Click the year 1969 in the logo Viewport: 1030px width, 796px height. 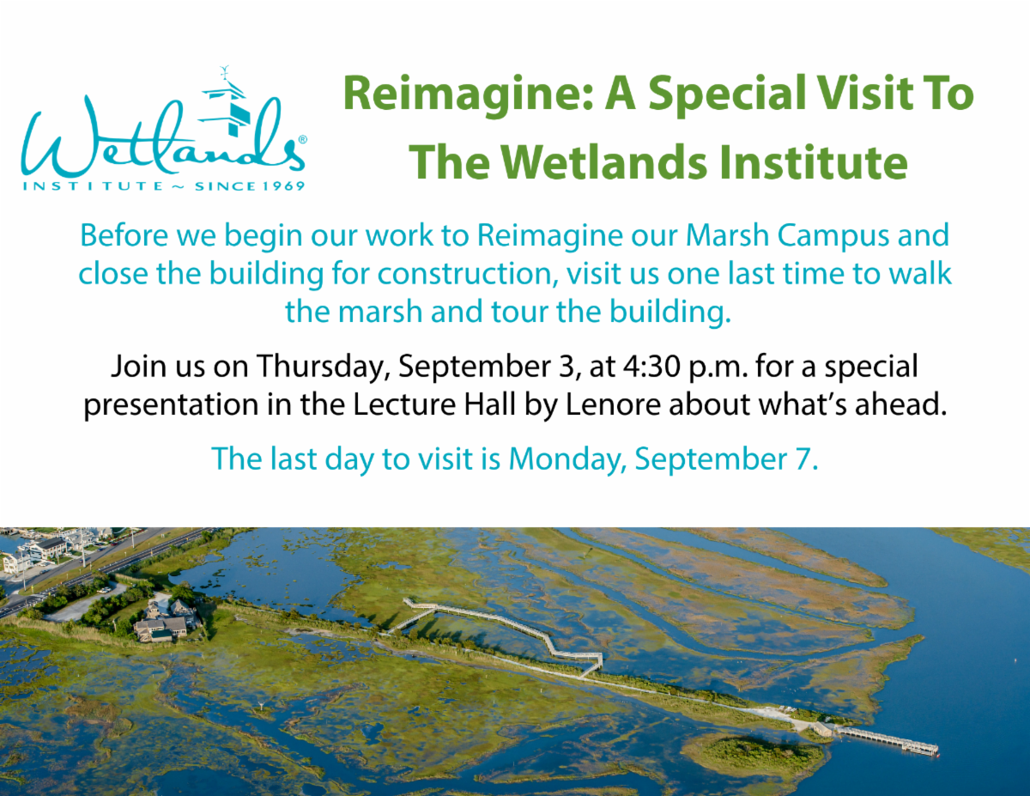click(x=283, y=185)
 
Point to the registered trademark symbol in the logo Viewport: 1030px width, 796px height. click(x=302, y=139)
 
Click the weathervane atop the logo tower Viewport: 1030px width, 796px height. click(x=225, y=74)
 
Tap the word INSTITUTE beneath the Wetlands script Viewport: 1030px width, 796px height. click(x=93, y=185)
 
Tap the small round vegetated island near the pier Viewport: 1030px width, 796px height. click(x=754, y=757)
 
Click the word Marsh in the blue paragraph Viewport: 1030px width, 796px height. click(x=727, y=235)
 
